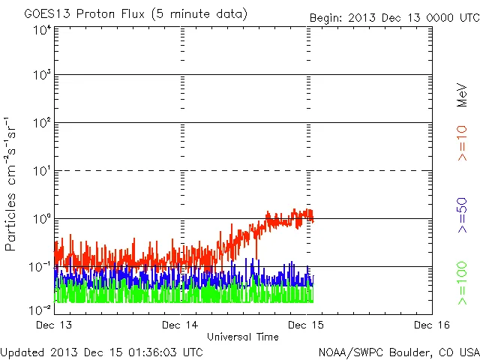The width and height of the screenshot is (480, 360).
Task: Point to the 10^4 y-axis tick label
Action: tap(42, 31)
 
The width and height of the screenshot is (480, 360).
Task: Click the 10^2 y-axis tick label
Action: tap(42, 124)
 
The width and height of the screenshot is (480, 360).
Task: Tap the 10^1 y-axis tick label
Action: tap(42, 172)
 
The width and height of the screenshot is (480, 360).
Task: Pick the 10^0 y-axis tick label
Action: tap(42, 220)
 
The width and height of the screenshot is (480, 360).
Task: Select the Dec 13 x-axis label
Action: tap(55, 325)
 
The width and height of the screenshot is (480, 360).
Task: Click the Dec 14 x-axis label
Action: tap(181, 325)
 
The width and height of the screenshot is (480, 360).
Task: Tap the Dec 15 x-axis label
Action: tap(307, 325)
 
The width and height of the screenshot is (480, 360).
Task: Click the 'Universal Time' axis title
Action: tap(243, 337)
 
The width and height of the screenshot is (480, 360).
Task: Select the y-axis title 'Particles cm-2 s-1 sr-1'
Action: tap(13, 184)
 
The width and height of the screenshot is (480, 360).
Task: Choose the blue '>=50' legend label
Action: tap(462, 216)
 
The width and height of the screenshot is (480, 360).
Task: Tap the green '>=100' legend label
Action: tap(462, 283)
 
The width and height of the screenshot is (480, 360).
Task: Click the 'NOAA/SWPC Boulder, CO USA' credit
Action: tap(398, 352)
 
